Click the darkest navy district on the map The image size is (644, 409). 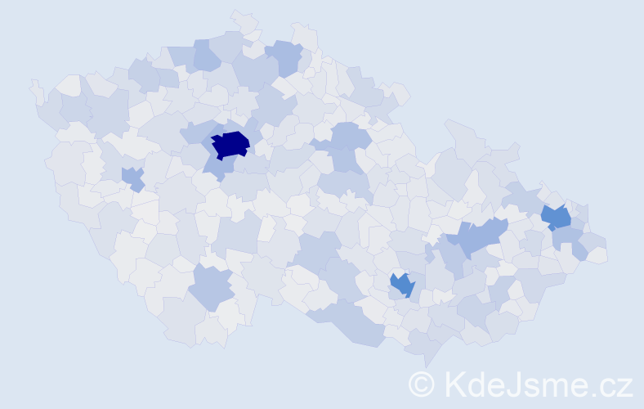[x=230, y=144]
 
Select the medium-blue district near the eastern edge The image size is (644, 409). [x=557, y=218]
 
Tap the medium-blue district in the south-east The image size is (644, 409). [x=402, y=285]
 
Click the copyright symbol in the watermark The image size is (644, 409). [x=422, y=384]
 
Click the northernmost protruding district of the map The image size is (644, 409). [x=243, y=20]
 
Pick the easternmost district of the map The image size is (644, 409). [x=597, y=254]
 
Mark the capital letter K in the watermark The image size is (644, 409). [x=454, y=384]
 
